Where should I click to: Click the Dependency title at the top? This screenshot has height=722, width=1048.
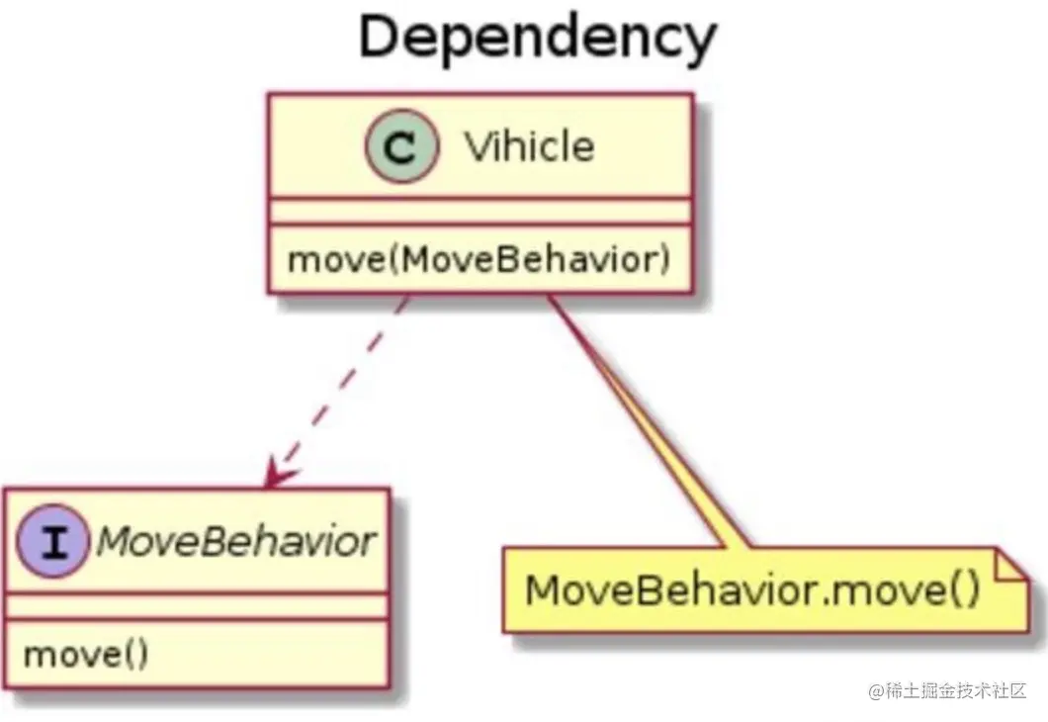click(537, 38)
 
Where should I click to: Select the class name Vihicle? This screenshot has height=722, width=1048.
click(529, 147)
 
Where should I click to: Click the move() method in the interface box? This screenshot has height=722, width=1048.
click(85, 654)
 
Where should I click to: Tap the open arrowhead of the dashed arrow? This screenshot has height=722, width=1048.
click(278, 477)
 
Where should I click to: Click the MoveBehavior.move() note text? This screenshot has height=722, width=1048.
click(752, 590)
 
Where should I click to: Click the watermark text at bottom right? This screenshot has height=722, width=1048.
click(949, 690)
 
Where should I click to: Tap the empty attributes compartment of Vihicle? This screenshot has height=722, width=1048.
click(479, 210)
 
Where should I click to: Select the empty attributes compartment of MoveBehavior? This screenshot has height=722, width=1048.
click(195, 605)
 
